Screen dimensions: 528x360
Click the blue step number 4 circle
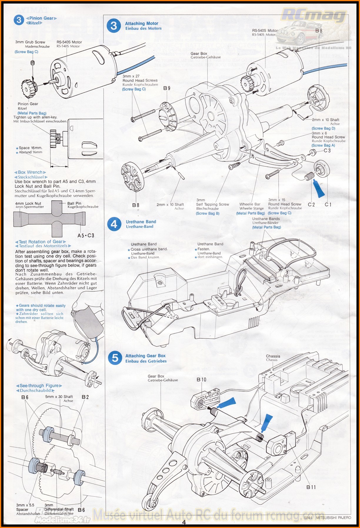[x=114, y=224]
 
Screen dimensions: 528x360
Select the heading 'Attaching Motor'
[x=141, y=24]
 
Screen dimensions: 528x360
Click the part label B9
[x=167, y=88]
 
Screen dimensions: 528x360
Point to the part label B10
[x=201, y=380]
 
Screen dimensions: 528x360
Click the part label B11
[x=311, y=487]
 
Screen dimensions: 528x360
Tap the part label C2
[x=311, y=204]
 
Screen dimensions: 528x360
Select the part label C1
[x=328, y=204]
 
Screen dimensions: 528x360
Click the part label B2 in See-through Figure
[x=85, y=397]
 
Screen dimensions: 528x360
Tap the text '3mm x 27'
[x=131, y=76]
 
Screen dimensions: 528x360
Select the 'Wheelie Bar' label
[x=250, y=204]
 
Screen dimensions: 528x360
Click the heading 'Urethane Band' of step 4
[x=141, y=222]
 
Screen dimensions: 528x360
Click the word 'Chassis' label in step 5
[x=273, y=356]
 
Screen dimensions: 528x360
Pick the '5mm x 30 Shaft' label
[x=59, y=397]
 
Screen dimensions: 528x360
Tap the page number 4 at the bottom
[x=184, y=522]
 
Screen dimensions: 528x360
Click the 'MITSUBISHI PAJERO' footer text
[x=334, y=518]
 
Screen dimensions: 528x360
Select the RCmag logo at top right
[x=314, y=15]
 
